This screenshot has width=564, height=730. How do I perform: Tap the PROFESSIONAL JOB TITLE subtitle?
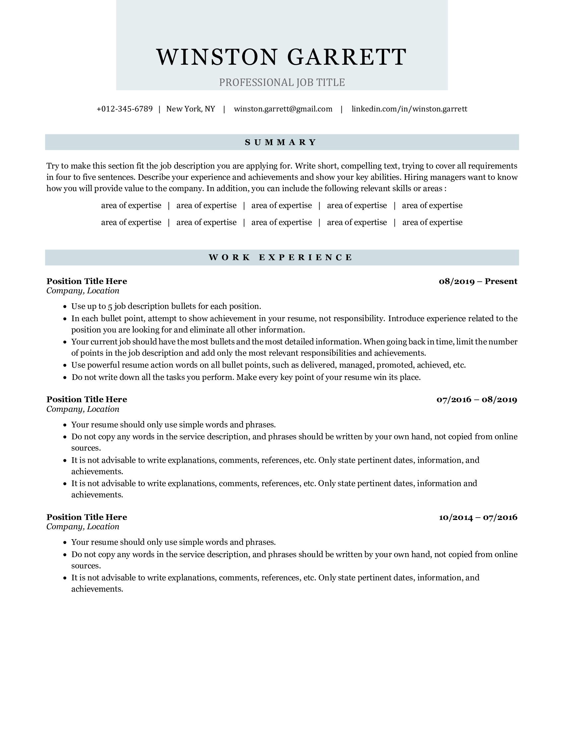pos(282,82)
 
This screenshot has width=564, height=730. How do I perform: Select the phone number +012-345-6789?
pos(125,109)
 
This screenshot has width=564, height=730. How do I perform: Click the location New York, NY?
pos(191,109)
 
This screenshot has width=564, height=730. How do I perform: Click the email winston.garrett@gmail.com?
pos(283,109)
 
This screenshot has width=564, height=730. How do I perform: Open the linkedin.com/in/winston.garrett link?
pos(409,109)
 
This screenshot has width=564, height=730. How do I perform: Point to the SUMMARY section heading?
pos(282,142)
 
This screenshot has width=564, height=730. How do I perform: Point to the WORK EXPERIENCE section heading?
pos(282,257)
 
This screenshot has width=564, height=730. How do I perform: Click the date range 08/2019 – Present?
pos(478,281)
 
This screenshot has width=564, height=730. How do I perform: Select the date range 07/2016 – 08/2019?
pos(477,400)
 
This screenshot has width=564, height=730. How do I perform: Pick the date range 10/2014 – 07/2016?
pos(478,517)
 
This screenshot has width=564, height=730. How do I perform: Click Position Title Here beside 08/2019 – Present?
pos(87,281)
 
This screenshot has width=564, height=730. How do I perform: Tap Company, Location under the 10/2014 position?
pos(83,527)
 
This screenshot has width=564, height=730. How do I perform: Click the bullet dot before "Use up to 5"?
pos(65,307)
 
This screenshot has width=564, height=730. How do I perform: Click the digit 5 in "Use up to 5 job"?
pos(110,307)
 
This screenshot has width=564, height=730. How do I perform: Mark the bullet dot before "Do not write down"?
pos(65,378)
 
